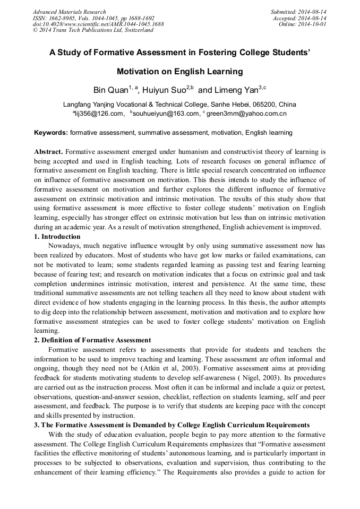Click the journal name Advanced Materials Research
tap(69, 12)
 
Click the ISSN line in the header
tap(93, 18)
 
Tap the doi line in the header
tap(98, 24)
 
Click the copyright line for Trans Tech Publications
tap(93, 30)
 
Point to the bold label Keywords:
tap(51, 132)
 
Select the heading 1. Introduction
tap(57, 237)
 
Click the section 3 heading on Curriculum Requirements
tap(172, 425)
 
